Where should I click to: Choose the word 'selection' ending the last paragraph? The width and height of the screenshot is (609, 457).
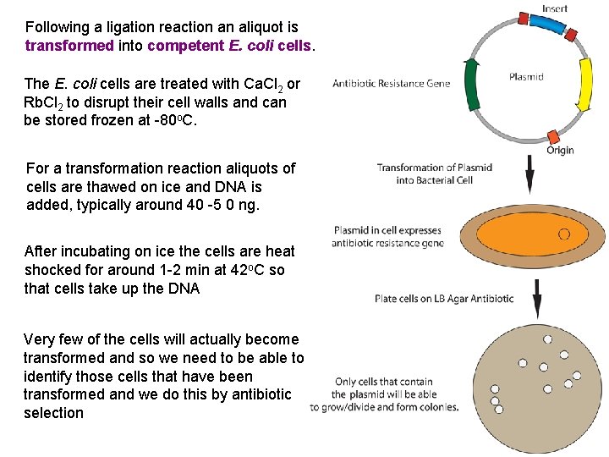click(53, 413)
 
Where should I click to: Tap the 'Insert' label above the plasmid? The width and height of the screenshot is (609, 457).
click(554, 8)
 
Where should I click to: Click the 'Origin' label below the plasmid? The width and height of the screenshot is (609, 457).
click(559, 150)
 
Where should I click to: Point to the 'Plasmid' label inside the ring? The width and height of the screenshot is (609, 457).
click(526, 76)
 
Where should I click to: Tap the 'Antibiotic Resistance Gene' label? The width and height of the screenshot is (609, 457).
click(391, 84)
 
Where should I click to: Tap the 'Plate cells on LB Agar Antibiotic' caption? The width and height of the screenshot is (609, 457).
click(443, 298)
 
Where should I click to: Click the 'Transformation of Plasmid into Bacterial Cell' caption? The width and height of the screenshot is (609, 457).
click(434, 173)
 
